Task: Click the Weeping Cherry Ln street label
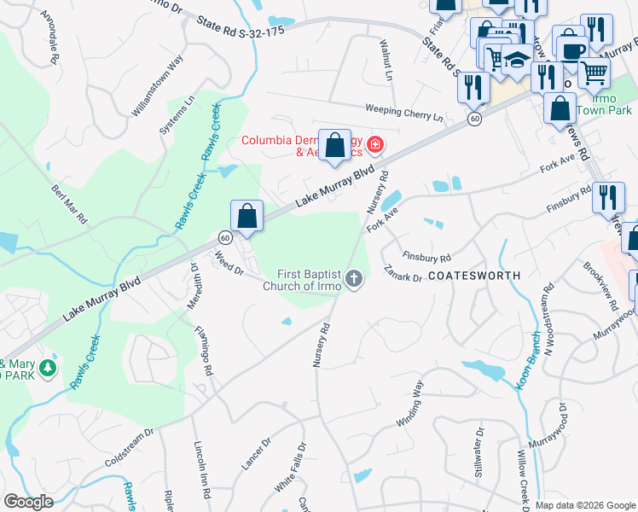tap(404, 111)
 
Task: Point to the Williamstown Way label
tap(157, 86)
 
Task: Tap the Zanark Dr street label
tap(403, 274)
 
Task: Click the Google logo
tap(28, 502)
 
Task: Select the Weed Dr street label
tap(229, 264)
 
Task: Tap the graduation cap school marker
tap(515, 60)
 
